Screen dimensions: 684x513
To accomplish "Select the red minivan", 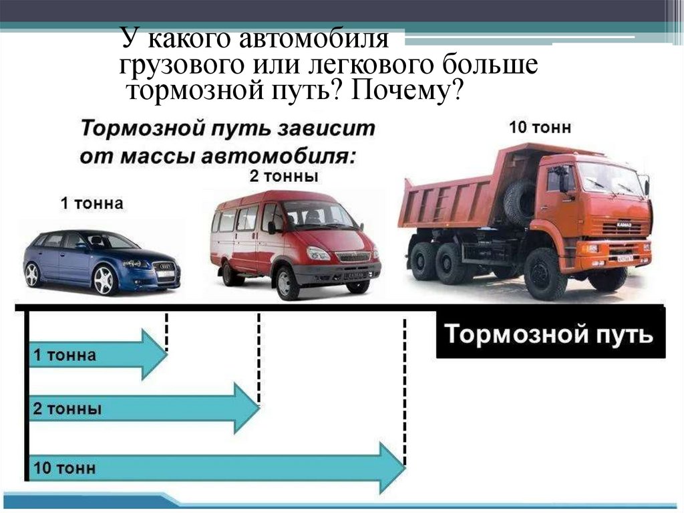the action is pos(294,241).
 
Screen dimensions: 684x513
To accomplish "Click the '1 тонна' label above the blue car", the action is pos(92,203).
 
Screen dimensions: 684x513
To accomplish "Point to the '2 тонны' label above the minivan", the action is pos(283,177).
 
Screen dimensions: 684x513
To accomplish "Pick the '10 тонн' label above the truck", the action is pos(540,127).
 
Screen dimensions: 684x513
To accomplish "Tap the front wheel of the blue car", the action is pos(105,279).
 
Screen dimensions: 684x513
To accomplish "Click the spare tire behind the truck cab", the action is pos(519,201).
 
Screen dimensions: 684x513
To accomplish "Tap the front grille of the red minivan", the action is pos(353,256).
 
